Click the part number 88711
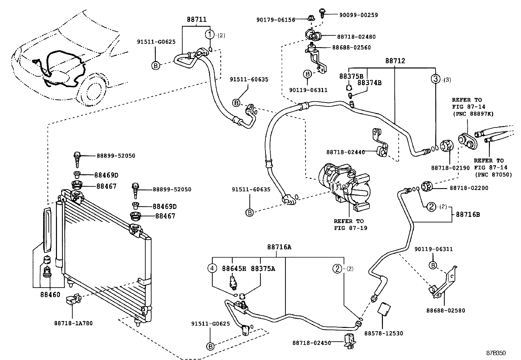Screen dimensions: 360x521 click(x=197, y=19)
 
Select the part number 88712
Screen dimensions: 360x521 click(x=395, y=61)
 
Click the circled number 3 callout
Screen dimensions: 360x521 click(x=435, y=79)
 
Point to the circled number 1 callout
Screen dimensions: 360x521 click(x=210, y=34)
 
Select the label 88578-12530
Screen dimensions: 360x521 click(x=384, y=333)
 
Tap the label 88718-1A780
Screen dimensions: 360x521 click(x=73, y=323)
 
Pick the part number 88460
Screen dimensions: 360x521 click(x=50, y=294)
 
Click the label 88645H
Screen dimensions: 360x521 click(x=234, y=269)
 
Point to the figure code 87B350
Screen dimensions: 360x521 click(x=496, y=353)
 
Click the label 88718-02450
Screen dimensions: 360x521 click(x=312, y=343)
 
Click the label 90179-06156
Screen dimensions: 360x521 click(x=276, y=20)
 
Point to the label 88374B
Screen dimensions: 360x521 click(x=369, y=83)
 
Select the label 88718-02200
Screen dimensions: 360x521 click(x=469, y=188)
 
